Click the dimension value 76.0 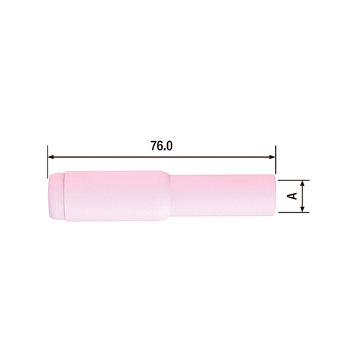pos(161,145)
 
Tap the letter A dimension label pos(291,197)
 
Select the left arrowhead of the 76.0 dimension pos(51,156)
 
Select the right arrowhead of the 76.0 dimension pos(271,156)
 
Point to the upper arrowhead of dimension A pos(302,183)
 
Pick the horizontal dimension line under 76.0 pos(108,156)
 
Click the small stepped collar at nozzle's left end pos(55,196)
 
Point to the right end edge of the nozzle pos(274,196)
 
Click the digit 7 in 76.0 pos(152,145)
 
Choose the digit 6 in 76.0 pos(159,145)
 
